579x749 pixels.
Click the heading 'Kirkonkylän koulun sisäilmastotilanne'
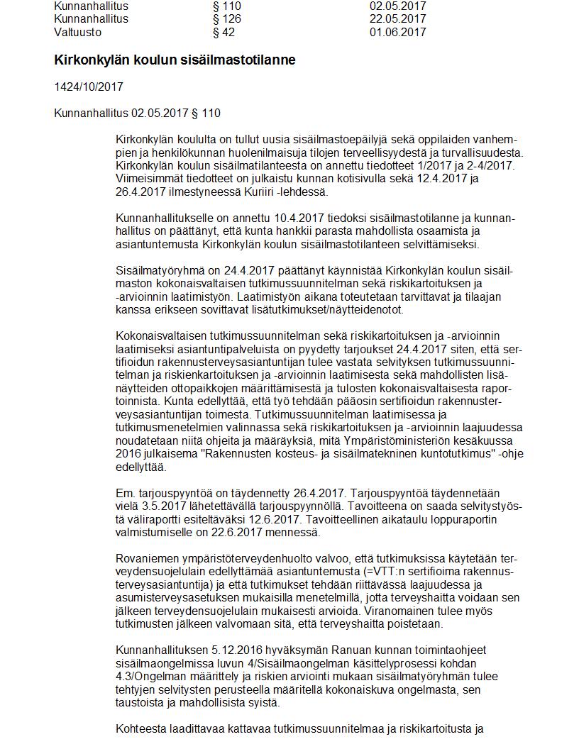(x=175, y=60)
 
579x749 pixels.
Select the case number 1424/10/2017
(x=89, y=87)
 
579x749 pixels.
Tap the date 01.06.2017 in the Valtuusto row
(x=397, y=32)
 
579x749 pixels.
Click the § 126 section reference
(x=226, y=18)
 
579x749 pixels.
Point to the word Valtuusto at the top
(x=77, y=32)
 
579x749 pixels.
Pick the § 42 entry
(x=224, y=32)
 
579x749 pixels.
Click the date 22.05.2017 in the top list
(x=397, y=18)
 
